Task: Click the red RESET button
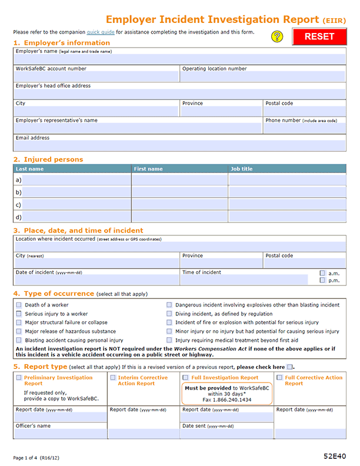(319, 36)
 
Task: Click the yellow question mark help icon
(278, 36)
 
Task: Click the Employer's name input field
(179, 59)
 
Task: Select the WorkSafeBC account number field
(96, 76)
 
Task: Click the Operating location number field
(263, 76)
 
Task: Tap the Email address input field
(179, 145)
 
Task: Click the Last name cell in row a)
(75, 180)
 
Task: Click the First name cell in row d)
(179, 217)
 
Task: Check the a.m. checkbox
(322, 274)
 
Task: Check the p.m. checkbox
(322, 281)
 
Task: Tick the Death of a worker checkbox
(19, 305)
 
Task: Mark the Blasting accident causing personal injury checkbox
(19, 340)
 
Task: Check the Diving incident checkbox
(169, 314)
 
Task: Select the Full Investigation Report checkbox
(186, 378)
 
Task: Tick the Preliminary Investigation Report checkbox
(19, 378)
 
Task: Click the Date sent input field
(226, 434)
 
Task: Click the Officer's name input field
(60, 434)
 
